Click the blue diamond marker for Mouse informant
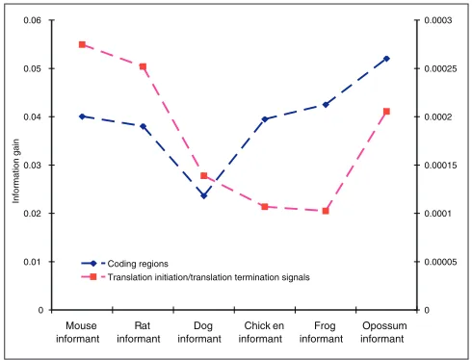(x=82, y=116)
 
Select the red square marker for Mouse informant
(x=82, y=44)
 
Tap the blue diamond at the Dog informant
(x=204, y=195)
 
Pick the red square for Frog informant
(x=326, y=211)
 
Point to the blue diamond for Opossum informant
(x=386, y=59)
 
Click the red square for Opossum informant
(x=386, y=112)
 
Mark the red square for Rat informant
(x=144, y=66)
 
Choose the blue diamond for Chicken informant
(x=265, y=119)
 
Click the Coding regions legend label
(x=138, y=264)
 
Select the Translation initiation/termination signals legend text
(x=209, y=277)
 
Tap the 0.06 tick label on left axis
(x=33, y=20)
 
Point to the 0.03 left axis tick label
(x=33, y=166)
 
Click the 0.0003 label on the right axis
(x=438, y=20)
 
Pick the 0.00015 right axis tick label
(x=440, y=166)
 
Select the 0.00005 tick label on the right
(x=440, y=262)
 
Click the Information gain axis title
(x=15, y=171)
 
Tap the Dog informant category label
(x=199, y=332)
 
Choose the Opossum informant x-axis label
(x=383, y=332)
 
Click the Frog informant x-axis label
(x=321, y=332)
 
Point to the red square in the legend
(x=93, y=276)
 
